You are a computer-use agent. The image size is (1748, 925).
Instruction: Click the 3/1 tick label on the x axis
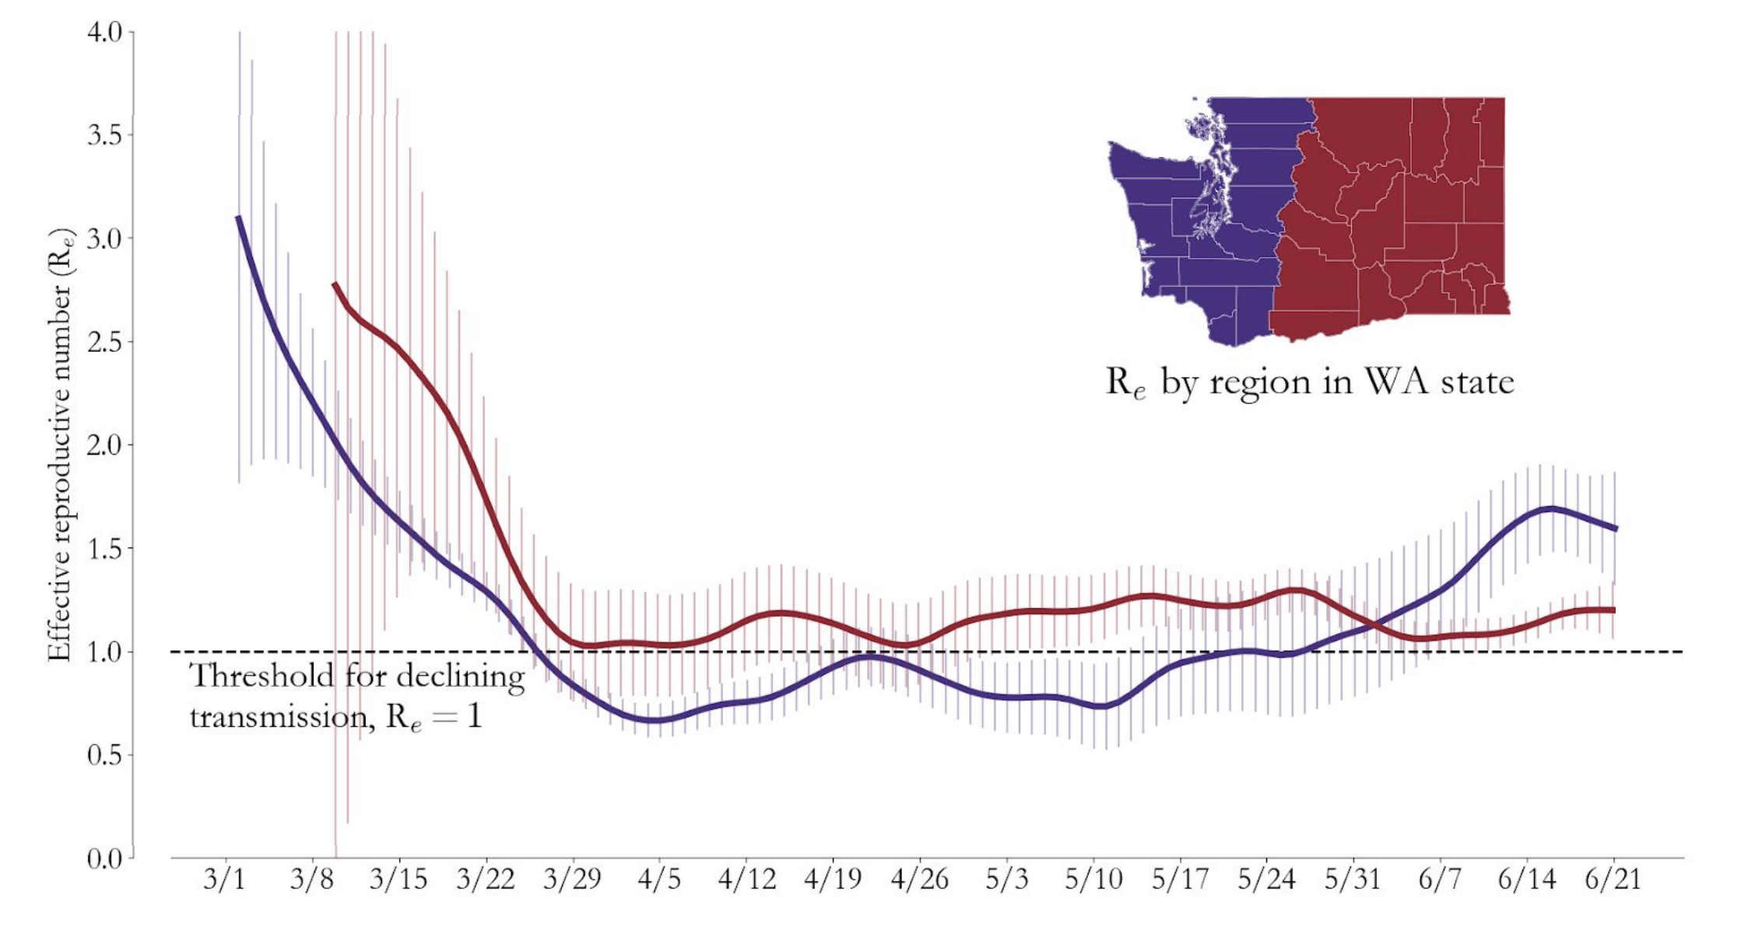pyautogui.click(x=224, y=879)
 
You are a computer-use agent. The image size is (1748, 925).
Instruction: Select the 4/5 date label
pyautogui.click(x=659, y=879)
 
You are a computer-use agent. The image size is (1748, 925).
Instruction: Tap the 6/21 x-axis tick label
pyautogui.click(x=1613, y=879)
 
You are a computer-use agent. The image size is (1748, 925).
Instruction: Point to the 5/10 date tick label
pyautogui.click(x=1093, y=879)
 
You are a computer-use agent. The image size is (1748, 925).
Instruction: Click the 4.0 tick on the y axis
pyautogui.click(x=104, y=33)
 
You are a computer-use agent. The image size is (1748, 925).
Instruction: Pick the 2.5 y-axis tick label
pyautogui.click(x=104, y=342)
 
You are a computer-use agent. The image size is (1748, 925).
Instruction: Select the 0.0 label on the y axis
pyautogui.click(x=104, y=858)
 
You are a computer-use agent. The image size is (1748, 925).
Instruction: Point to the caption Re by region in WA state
pyautogui.click(x=1310, y=382)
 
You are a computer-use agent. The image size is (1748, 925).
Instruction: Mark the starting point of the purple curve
pyautogui.click(x=238, y=217)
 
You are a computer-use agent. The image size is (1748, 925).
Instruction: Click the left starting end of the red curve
pyautogui.click(x=335, y=284)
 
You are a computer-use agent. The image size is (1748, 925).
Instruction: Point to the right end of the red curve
pyautogui.click(x=1614, y=610)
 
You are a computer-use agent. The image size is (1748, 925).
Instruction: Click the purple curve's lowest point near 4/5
pyautogui.click(x=656, y=720)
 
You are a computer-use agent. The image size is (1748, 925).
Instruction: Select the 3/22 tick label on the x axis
pyautogui.click(x=486, y=879)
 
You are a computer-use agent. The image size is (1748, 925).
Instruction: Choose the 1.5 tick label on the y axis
pyautogui.click(x=104, y=548)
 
